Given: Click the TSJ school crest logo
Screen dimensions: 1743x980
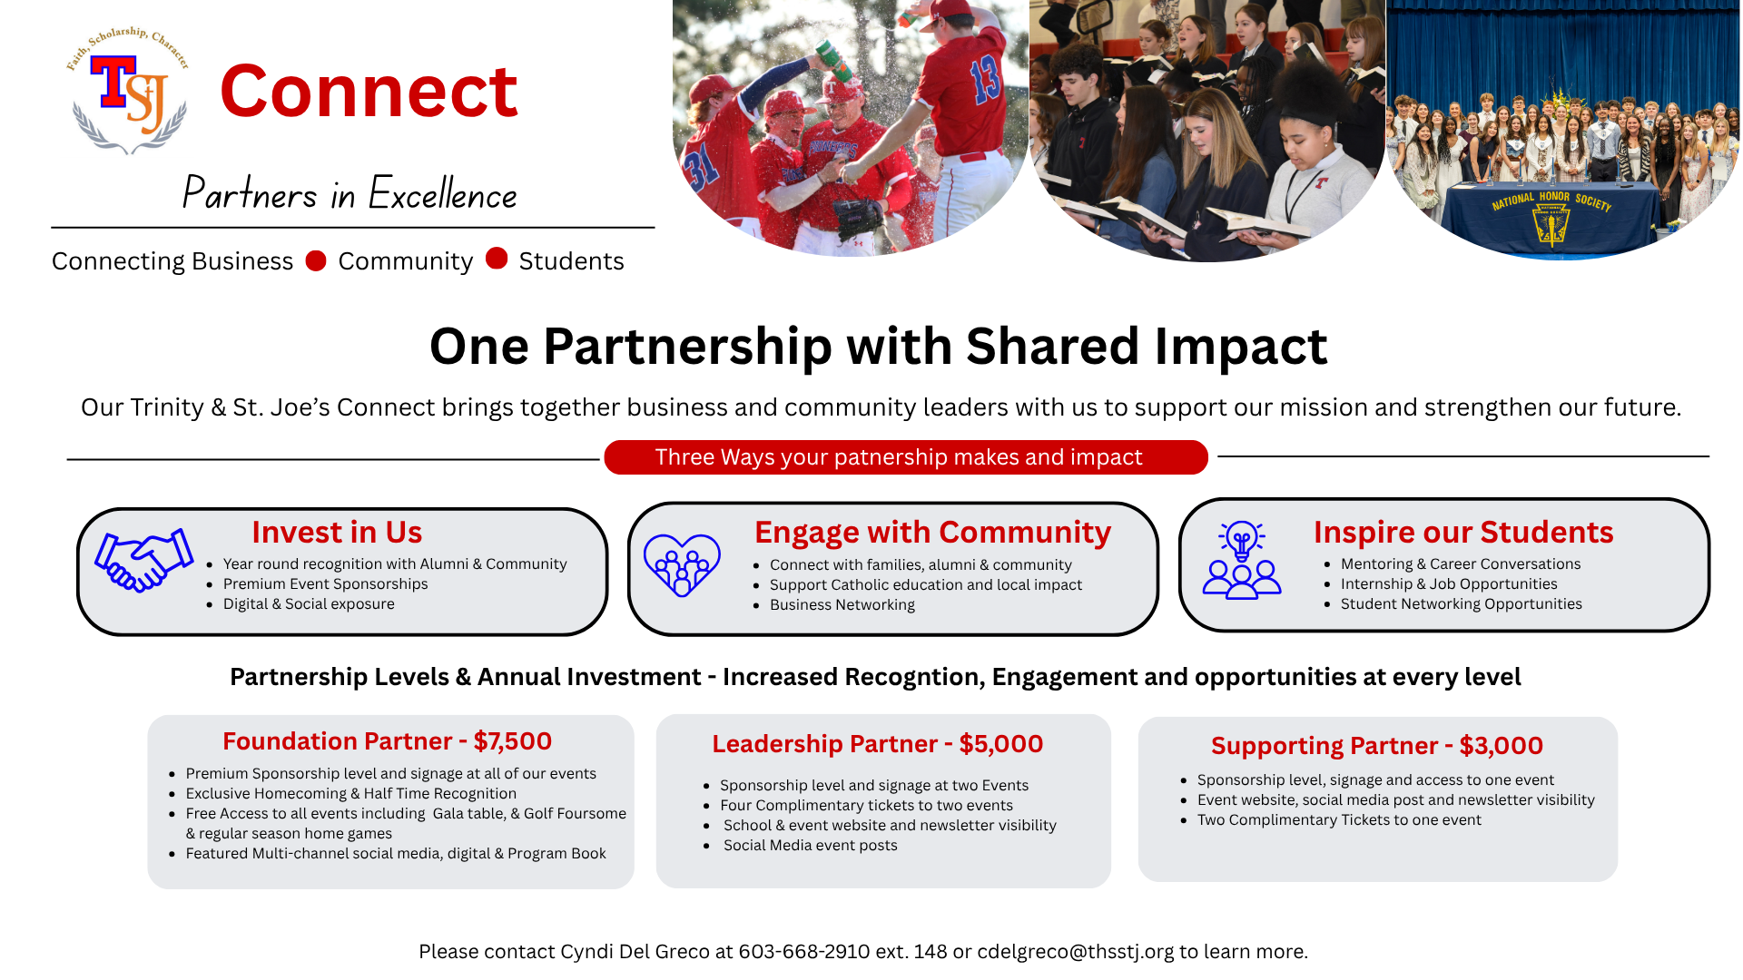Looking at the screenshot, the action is (128, 91).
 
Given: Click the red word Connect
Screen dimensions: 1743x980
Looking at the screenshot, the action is (369, 91).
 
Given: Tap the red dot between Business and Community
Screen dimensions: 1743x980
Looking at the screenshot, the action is (316, 260).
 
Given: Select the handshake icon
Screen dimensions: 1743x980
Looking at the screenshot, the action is (144, 560).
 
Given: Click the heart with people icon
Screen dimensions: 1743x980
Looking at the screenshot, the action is (682, 564).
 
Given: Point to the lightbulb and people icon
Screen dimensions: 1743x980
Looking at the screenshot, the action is (1241, 560).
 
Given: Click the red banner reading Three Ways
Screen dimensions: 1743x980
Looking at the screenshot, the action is (905, 457).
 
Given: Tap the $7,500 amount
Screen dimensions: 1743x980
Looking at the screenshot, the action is (513, 741).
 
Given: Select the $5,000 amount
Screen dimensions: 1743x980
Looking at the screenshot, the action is (1001, 744).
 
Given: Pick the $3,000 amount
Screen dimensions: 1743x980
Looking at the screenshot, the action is (1502, 746).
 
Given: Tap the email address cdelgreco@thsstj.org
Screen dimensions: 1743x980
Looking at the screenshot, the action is (1076, 952).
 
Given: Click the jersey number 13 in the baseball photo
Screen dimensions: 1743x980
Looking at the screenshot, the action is (985, 80).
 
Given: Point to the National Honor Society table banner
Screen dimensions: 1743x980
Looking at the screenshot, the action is (1552, 218).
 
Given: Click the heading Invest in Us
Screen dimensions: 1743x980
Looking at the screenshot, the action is (337, 532).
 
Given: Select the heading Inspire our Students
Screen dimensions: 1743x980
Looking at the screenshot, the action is (1463, 532).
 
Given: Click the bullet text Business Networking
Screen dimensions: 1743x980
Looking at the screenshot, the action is (842, 605).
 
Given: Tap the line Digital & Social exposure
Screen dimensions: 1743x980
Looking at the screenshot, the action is (309, 604).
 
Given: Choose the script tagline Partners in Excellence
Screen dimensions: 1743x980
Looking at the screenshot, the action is (350, 193).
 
